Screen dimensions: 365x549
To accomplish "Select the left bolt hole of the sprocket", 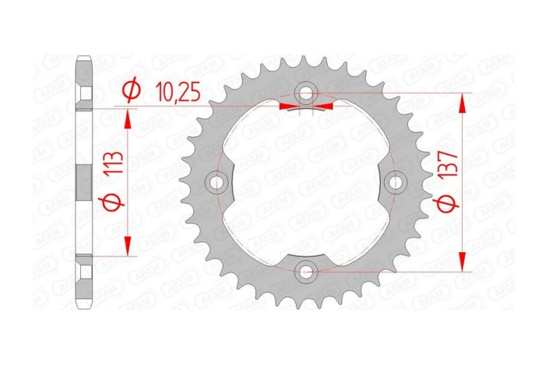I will [216, 182].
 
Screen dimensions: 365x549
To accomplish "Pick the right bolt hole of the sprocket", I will [396, 182].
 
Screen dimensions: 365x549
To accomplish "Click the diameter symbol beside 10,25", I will [132, 93].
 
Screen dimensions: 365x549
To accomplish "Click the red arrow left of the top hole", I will [287, 104].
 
